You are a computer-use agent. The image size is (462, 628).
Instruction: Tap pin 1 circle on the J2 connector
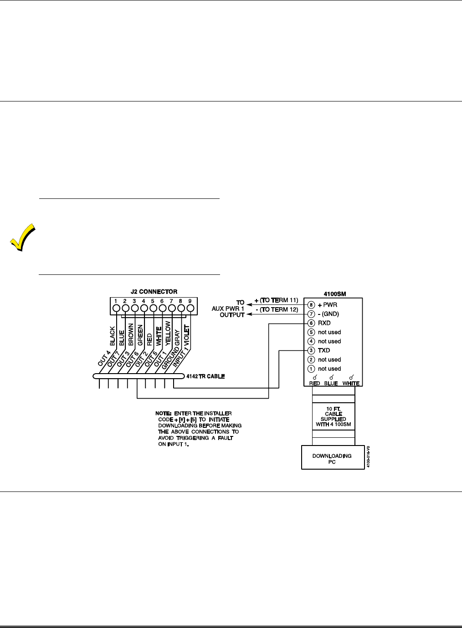pos(117,308)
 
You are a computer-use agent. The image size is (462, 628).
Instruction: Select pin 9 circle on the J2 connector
pos(190,308)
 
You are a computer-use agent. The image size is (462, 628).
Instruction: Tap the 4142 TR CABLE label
pos(205,377)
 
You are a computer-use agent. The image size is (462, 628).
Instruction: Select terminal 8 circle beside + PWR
pos(312,305)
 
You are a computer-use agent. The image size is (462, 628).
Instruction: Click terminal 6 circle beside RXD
pos(312,323)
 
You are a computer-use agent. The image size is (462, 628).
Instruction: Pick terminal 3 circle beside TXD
pos(312,350)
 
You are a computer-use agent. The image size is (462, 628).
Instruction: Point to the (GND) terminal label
pos(331,314)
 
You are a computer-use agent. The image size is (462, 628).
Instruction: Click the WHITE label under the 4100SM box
pos(350,384)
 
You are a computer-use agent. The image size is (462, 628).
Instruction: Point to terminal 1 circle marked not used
pos(312,369)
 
